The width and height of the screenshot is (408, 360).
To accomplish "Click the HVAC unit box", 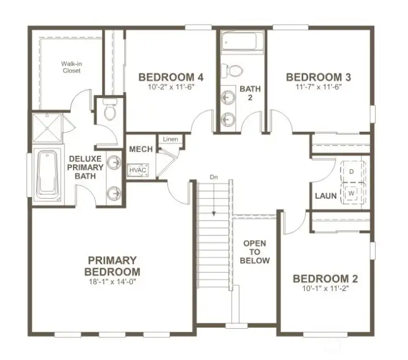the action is pos(138,170).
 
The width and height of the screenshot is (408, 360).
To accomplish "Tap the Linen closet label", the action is pos(171,139).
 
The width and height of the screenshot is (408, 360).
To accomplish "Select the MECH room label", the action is pos(141,149).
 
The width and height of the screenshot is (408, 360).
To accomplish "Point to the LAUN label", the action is pos(326,196).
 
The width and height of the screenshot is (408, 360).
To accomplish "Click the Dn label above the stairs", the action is pos(214,177).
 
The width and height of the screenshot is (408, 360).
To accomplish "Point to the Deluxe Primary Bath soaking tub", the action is pos(48,177).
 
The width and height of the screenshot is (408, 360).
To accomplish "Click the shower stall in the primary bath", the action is pos(48,128).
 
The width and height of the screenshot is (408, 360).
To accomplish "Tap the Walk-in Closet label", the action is pos(71,67).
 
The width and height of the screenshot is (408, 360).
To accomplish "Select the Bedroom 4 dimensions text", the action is pos(172,87).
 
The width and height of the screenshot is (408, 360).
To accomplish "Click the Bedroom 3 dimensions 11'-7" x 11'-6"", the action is pos(318,87).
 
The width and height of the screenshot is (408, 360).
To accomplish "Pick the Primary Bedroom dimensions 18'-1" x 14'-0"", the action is pos(113,281).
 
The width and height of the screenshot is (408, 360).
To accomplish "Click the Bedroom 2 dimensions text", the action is pos(325,288).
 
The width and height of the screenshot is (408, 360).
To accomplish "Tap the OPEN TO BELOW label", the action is pos(255,252).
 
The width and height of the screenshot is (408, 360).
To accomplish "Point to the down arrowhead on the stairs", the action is pos(214,214).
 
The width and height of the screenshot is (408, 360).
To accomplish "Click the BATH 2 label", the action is pos(250,93).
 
